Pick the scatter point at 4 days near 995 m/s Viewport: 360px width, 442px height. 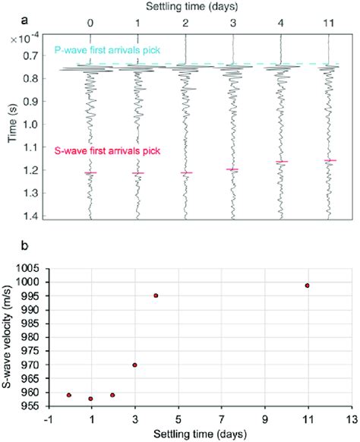pos(156,295)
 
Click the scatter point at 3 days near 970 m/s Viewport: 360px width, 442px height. pos(134,365)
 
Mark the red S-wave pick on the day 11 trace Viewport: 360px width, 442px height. pos(330,160)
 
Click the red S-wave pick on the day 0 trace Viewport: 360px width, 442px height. pos(90,173)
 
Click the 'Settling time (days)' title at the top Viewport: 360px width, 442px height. pos(208,7)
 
